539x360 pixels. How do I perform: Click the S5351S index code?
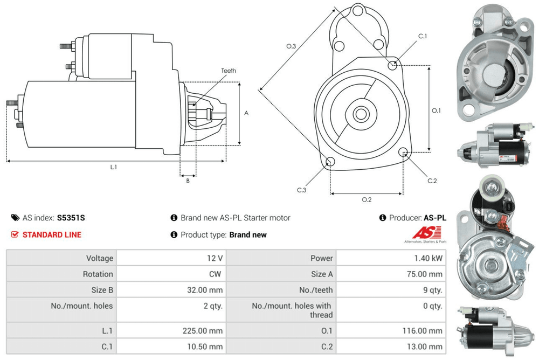tap(71, 218)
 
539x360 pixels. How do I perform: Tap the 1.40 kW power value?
tap(429, 258)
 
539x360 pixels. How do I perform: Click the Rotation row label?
tap(98, 274)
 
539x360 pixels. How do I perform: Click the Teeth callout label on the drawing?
tap(228, 71)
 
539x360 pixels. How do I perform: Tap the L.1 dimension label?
tap(114, 167)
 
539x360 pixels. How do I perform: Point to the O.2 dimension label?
tap(367, 200)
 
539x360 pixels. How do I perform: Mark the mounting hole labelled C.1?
tap(393, 65)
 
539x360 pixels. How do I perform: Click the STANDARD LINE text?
tap(52, 234)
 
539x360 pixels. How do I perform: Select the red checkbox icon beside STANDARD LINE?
tap(15, 234)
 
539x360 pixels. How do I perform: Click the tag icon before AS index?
tap(15, 218)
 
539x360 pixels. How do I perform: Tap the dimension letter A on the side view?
tap(246, 113)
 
